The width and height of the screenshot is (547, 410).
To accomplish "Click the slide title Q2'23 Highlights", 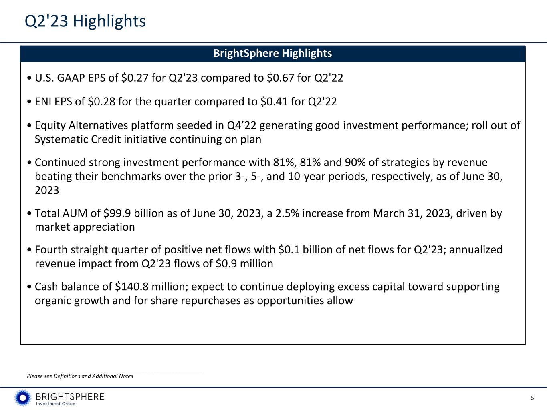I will click(85, 21).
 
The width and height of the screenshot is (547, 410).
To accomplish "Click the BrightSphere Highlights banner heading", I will click(272, 53).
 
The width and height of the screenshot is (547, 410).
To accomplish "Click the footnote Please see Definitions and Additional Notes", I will click(80, 376).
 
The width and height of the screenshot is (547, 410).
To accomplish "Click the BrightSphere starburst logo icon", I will click(23, 398).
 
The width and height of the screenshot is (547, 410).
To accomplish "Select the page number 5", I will click(533, 398).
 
